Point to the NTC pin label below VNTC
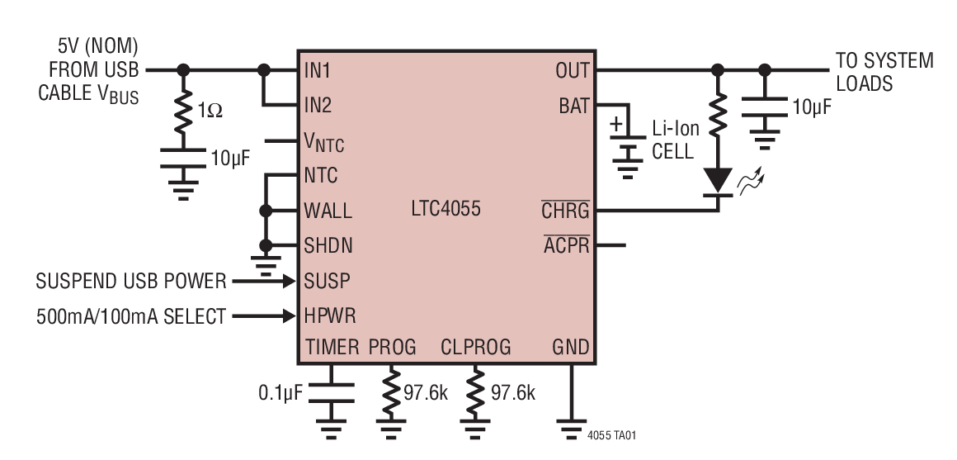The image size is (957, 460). tap(321, 176)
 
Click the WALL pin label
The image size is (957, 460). tap(328, 211)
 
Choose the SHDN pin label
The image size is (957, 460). tap(327, 246)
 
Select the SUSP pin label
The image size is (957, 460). tap(327, 281)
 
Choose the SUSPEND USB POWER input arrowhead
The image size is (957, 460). tap(288, 282)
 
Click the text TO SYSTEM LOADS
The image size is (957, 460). tap(884, 72)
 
